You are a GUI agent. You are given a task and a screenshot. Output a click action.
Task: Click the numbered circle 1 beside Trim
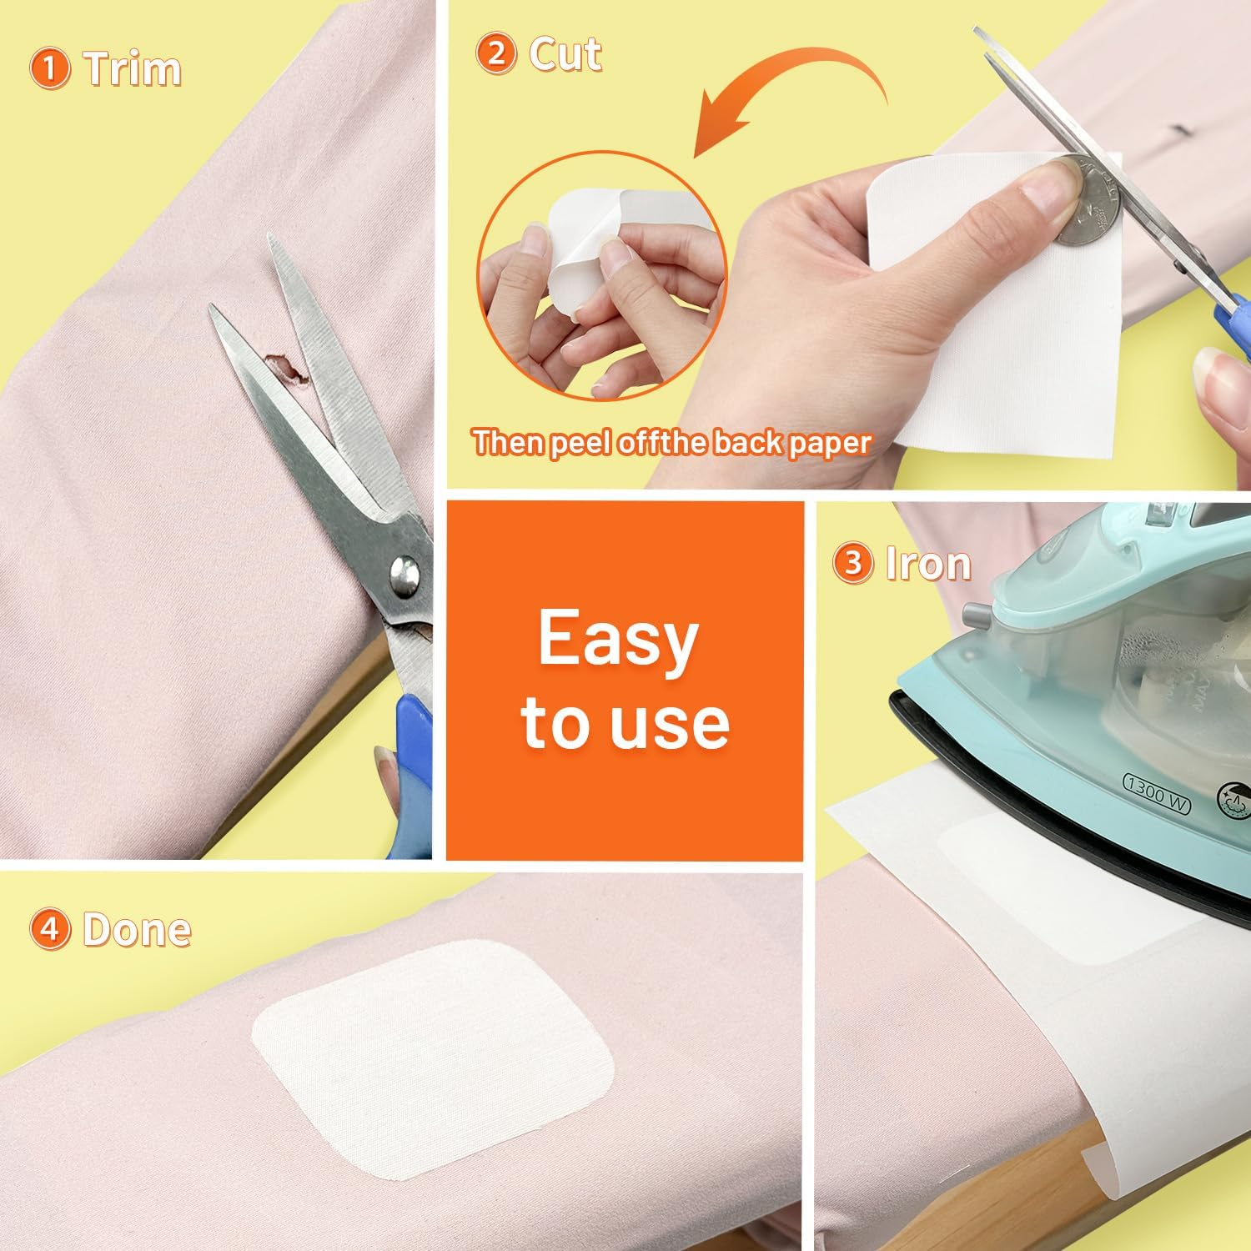49,68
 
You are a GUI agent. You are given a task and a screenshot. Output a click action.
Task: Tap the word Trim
132,68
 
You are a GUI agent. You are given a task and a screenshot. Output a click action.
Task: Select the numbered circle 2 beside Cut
496,54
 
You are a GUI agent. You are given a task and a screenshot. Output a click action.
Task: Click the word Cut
565,54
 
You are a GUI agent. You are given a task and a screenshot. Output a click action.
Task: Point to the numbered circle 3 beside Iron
852,563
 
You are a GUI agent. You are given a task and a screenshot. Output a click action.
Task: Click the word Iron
928,563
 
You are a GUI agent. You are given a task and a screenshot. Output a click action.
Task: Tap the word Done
137,929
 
